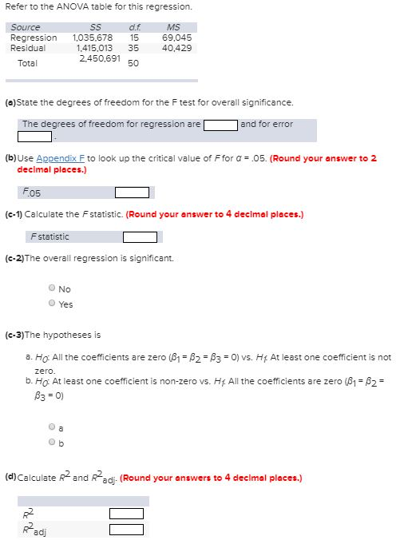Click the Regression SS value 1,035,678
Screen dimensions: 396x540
click(x=93, y=38)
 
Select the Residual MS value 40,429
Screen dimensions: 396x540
click(x=176, y=48)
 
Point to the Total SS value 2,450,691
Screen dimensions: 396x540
click(x=100, y=58)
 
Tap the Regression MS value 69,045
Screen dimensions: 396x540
click(x=176, y=38)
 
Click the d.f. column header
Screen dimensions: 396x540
click(x=134, y=27)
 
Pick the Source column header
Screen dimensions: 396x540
click(x=26, y=27)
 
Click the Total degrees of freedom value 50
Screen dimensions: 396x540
click(x=133, y=63)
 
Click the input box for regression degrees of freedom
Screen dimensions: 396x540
click(x=220, y=125)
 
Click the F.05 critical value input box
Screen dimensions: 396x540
click(x=132, y=192)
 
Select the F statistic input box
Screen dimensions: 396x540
click(x=140, y=237)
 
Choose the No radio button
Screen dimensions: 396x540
click(x=52, y=289)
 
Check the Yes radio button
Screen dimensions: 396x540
click(x=52, y=304)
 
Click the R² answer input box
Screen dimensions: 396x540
click(x=126, y=514)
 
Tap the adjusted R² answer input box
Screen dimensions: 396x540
click(x=126, y=529)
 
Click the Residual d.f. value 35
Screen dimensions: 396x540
click(x=133, y=48)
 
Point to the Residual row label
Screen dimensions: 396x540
click(x=27, y=48)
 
